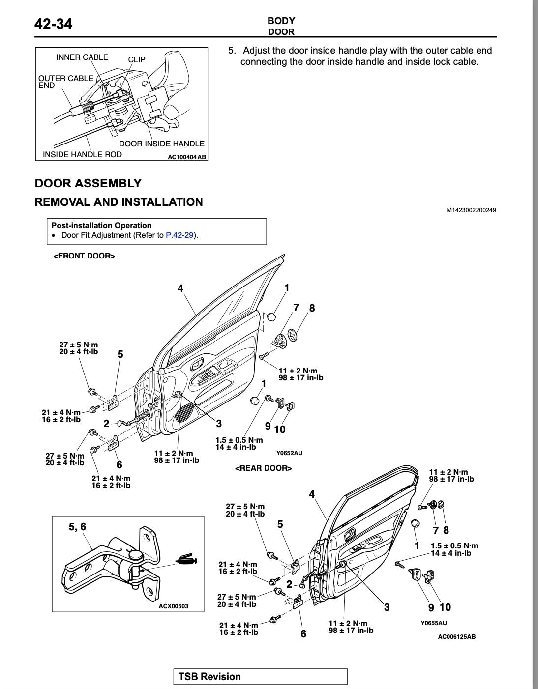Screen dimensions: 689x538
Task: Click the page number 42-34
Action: [53, 24]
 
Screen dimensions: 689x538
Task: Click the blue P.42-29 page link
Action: [179, 235]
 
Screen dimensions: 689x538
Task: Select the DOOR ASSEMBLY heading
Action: [88, 183]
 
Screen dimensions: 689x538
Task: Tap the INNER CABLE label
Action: [82, 57]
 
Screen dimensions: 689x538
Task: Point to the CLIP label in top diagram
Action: [137, 59]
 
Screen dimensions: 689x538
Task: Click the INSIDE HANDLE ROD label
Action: [82, 154]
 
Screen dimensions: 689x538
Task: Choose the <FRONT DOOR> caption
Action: [84, 256]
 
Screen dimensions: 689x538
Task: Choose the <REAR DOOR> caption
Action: [264, 468]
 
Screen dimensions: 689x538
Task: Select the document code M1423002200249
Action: [471, 210]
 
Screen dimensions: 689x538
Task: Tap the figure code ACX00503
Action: [174, 606]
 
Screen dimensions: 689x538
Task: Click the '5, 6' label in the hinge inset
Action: [77, 527]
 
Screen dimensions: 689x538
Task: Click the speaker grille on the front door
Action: [185, 413]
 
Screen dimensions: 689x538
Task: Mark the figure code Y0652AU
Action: [289, 453]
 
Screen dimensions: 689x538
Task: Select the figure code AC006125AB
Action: [457, 637]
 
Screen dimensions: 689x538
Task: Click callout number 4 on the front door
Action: [180, 288]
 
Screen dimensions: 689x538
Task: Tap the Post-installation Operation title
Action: [101, 226]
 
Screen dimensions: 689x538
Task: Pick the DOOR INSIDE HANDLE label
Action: [162, 144]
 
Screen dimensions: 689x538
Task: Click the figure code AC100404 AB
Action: [187, 157]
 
